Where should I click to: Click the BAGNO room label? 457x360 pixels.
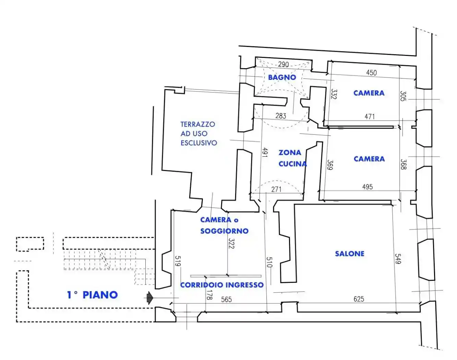coord(282,77)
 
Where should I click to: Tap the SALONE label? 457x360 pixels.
coord(350,254)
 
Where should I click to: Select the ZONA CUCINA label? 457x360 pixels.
coord(292,158)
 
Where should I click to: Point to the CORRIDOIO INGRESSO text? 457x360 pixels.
coord(222,285)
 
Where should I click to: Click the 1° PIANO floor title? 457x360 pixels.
coord(92,295)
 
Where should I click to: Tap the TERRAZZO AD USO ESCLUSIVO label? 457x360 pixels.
coord(199,133)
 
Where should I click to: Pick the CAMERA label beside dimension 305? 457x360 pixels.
coord(369,93)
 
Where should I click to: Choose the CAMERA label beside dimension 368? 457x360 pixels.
coord(369,159)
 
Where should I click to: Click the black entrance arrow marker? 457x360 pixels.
coord(150,298)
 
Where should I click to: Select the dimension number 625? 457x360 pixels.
coord(359,299)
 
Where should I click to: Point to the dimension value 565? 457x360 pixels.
coord(226,299)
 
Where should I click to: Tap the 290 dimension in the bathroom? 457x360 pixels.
coord(283,64)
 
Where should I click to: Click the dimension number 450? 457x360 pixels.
coord(371,73)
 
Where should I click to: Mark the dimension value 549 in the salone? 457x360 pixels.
coord(398,259)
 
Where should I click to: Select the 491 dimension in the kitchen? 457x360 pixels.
coord(265,152)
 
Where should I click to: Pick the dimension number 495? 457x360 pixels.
coord(368,187)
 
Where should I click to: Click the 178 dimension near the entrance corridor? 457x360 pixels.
coord(209,295)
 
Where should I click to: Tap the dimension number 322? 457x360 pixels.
coord(231,243)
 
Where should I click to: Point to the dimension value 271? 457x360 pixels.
coord(276,189)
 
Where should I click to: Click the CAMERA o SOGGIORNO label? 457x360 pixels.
coord(224,225)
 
